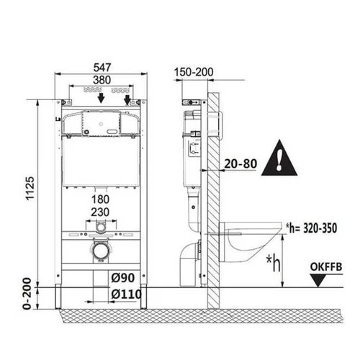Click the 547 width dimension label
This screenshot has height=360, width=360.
[x=102, y=68]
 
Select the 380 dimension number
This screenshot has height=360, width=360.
[x=102, y=80]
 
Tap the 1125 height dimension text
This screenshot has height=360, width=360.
[x=30, y=189]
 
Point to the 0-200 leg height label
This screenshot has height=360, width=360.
[x=28, y=294]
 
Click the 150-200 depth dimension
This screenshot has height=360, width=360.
[x=194, y=72]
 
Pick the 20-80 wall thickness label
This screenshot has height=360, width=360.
[x=240, y=164]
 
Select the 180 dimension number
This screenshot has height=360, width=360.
[x=100, y=199]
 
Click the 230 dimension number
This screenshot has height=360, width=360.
[x=100, y=212]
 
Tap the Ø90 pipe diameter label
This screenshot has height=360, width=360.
[x=123, y=278]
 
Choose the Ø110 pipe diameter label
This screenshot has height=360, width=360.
[x=127, y=294]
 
